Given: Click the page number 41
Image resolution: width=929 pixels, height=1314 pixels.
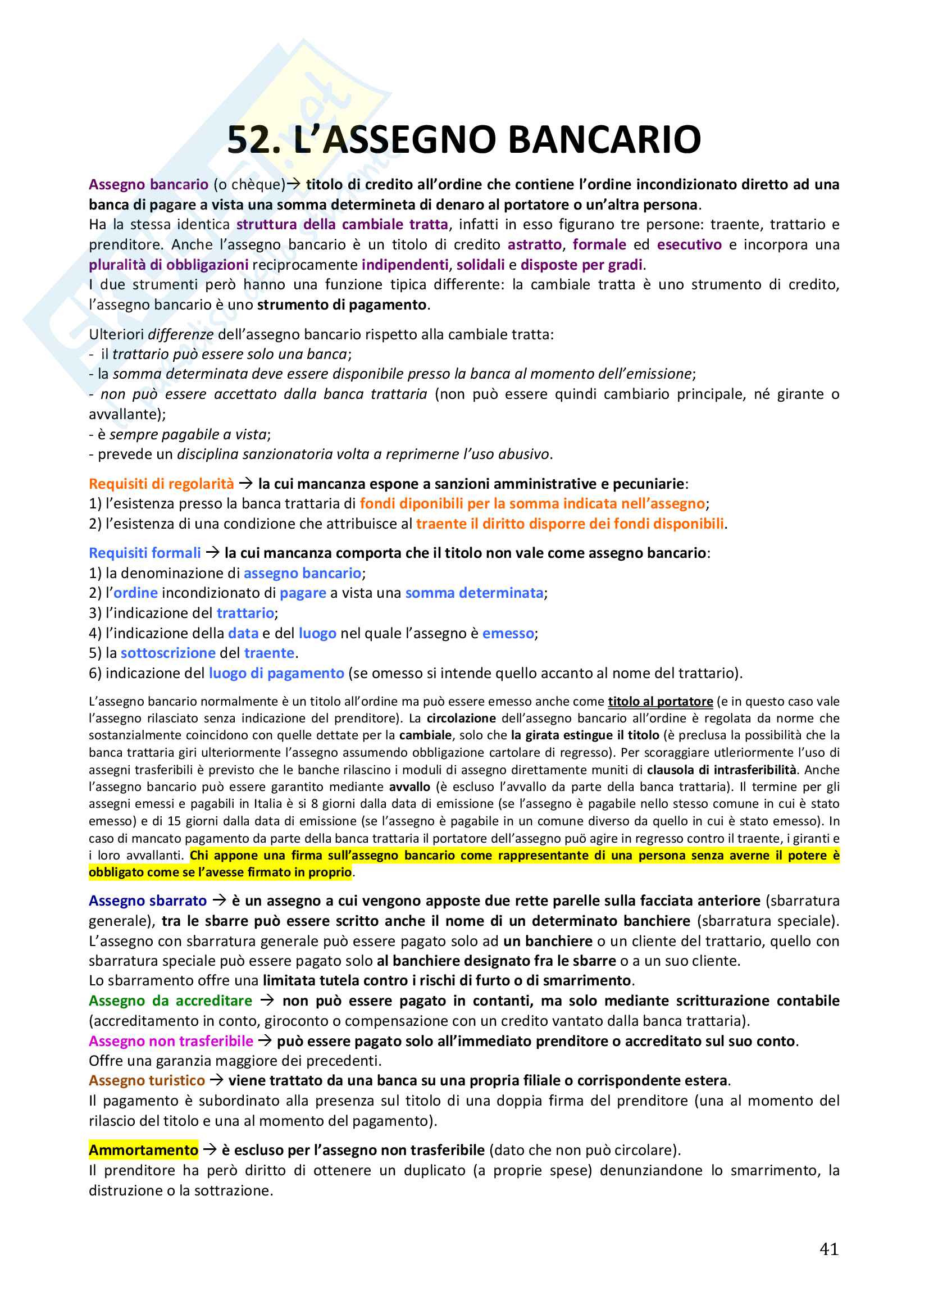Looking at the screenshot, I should click(x=829, y=1248).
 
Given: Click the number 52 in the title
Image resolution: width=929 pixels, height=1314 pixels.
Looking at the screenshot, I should click(x=253, y=140).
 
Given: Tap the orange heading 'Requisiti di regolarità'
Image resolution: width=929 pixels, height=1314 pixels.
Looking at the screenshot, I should click(x=161, y=484).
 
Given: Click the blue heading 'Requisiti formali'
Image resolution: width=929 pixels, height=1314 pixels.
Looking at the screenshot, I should click(x=145, y=553).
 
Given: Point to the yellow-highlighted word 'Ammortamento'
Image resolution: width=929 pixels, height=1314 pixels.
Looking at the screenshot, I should click(x=144, y=1150).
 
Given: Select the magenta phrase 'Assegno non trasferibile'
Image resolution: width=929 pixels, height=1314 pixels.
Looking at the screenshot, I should click(x=171, y=1040).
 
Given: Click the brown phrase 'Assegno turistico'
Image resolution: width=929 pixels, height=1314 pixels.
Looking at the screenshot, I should click(x=147, y=1080).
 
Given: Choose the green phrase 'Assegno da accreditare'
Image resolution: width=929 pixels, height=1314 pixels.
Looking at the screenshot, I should click(x=170, y=1001).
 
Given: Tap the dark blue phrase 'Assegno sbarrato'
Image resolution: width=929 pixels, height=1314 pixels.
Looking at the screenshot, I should click(x=148, y=900).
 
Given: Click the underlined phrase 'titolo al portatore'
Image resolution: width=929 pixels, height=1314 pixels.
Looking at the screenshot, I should click(x=660, y=702).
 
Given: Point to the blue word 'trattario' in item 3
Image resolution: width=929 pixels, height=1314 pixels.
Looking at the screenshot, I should click(x=245, y=613).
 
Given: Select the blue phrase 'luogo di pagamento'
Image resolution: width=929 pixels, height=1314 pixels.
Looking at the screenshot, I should click(x=276, y=673).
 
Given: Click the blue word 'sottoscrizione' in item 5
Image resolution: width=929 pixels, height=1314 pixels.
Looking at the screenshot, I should click(x=167, y=653).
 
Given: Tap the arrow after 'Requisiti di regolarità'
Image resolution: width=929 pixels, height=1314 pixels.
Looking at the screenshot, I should click(x=246, y=484).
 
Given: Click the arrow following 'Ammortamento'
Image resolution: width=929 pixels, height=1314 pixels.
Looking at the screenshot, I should click(x=210, y=1150).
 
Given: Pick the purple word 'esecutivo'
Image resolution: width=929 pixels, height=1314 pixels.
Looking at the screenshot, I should click(x=689, y=244).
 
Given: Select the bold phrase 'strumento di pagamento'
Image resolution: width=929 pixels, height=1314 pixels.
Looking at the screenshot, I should click(x=341, y=304).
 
